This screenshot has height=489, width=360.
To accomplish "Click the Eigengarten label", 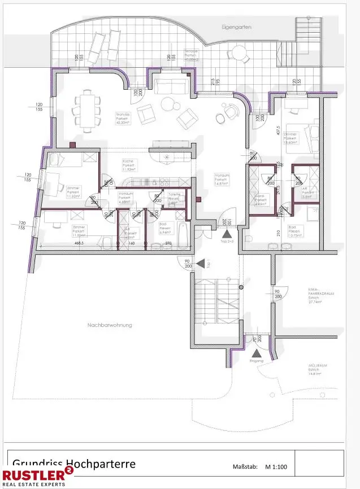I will tap(236, 27).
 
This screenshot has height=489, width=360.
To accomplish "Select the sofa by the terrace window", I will tap(171, 86).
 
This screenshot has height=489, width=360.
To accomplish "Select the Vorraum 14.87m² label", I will tap(221, 179).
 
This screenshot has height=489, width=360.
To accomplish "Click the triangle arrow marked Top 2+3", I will tap(226, 234).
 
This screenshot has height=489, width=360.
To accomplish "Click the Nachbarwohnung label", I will tap(109, 325).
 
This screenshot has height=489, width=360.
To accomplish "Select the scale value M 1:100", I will tap(276, 466).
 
